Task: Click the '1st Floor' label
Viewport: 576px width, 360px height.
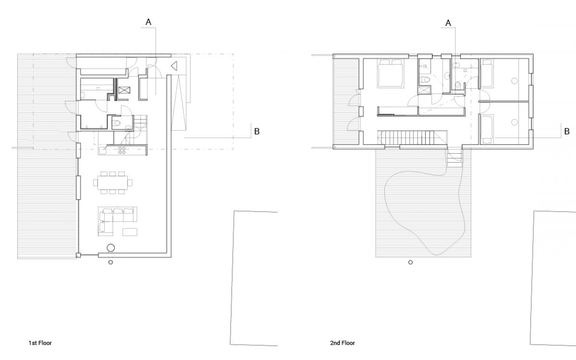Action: point(40,343)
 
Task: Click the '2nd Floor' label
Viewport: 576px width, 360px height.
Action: point(343,343)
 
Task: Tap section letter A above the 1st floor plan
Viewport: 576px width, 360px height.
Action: point(148,22)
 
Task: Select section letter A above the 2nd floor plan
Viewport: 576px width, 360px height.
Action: point(448,23)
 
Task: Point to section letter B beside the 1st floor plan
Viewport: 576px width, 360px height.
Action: point(257,132)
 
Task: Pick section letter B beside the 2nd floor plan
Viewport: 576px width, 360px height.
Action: point(567,132)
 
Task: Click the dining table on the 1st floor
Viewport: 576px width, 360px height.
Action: point(113,183)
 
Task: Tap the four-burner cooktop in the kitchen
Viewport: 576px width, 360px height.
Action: point(122,150)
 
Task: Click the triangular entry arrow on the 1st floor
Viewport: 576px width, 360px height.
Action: point(174,66)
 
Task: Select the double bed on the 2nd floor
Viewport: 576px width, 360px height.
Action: point(390,73)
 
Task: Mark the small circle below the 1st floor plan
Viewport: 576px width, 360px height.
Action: point(110,262)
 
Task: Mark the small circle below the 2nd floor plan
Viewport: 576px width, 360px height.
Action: point(410,262)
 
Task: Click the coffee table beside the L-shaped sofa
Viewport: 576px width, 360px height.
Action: point(130,232)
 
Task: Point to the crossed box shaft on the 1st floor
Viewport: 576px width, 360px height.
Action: point(124,90)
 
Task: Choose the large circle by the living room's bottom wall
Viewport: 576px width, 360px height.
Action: point(110,248)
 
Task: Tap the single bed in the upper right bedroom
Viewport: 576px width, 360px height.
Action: point(487,73)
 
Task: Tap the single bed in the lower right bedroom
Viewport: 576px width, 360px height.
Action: point(487,129)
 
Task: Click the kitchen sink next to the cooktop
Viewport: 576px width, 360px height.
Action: point(103,151)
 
